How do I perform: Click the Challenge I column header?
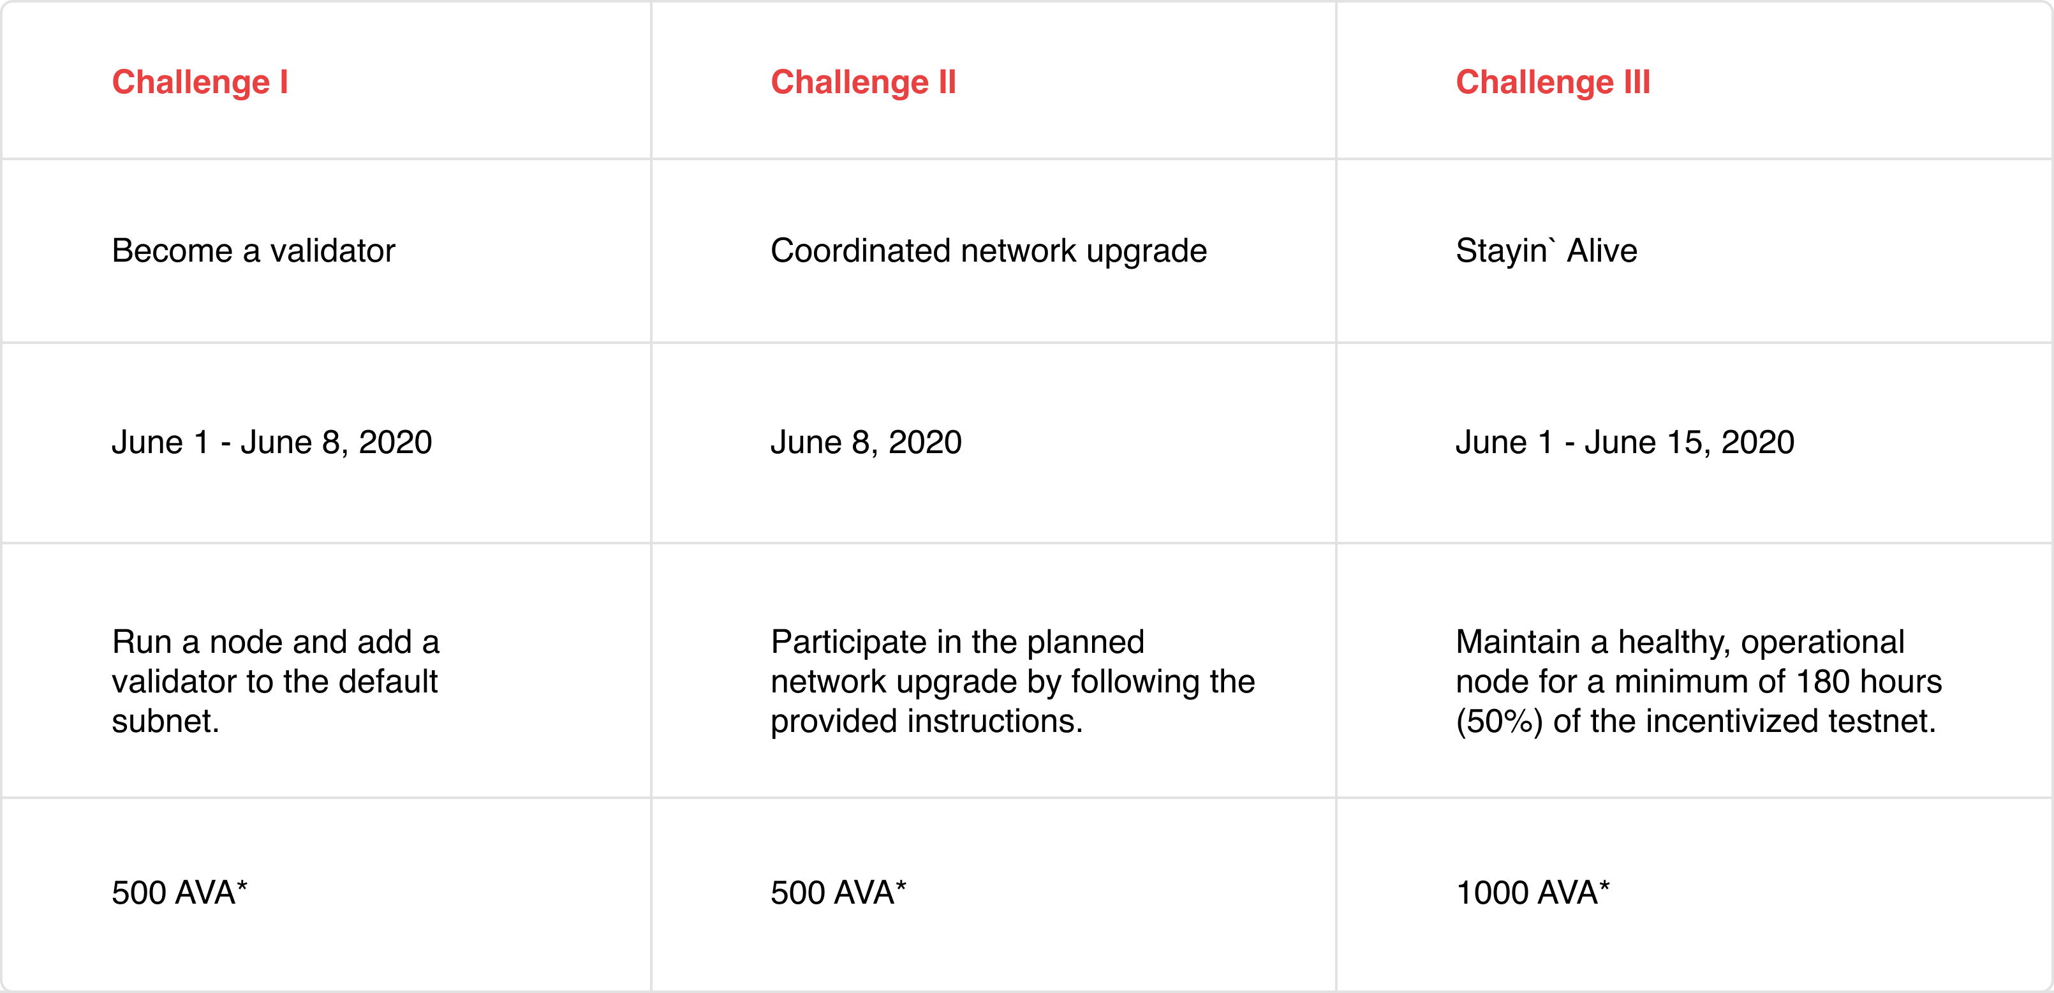(200, 83)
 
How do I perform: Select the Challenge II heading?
(864, 83)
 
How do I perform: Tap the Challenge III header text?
(1553, 83)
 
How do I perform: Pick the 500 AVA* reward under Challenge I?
(180, 893)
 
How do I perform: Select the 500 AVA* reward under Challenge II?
(839, 893)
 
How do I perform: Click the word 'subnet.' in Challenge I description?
(166, 722)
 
